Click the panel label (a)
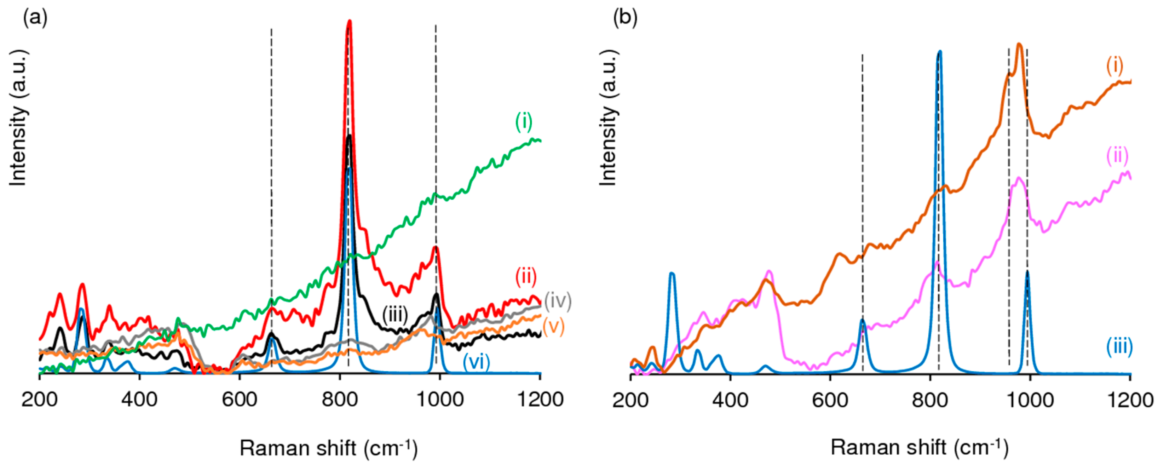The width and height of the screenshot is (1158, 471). [x=35, y=18]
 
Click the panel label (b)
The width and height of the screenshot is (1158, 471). [x=625, y=18]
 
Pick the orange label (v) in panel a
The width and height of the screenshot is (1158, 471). [x=553, y=326]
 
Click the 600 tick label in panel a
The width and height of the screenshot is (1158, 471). [x=240, y=400]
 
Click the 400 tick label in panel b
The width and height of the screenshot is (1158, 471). [x=731, y=400]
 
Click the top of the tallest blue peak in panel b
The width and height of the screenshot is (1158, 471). [x=939, y=52]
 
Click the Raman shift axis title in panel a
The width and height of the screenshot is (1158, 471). [x=329, y=448]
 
